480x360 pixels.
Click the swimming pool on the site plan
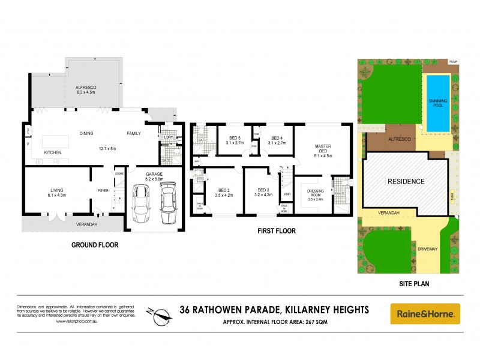coord(437,103)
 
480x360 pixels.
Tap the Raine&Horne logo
coord(425,313)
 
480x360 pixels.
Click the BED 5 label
coord(229,140)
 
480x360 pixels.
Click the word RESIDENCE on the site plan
coord(406,181)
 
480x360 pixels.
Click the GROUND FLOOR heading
coord(95,245)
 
